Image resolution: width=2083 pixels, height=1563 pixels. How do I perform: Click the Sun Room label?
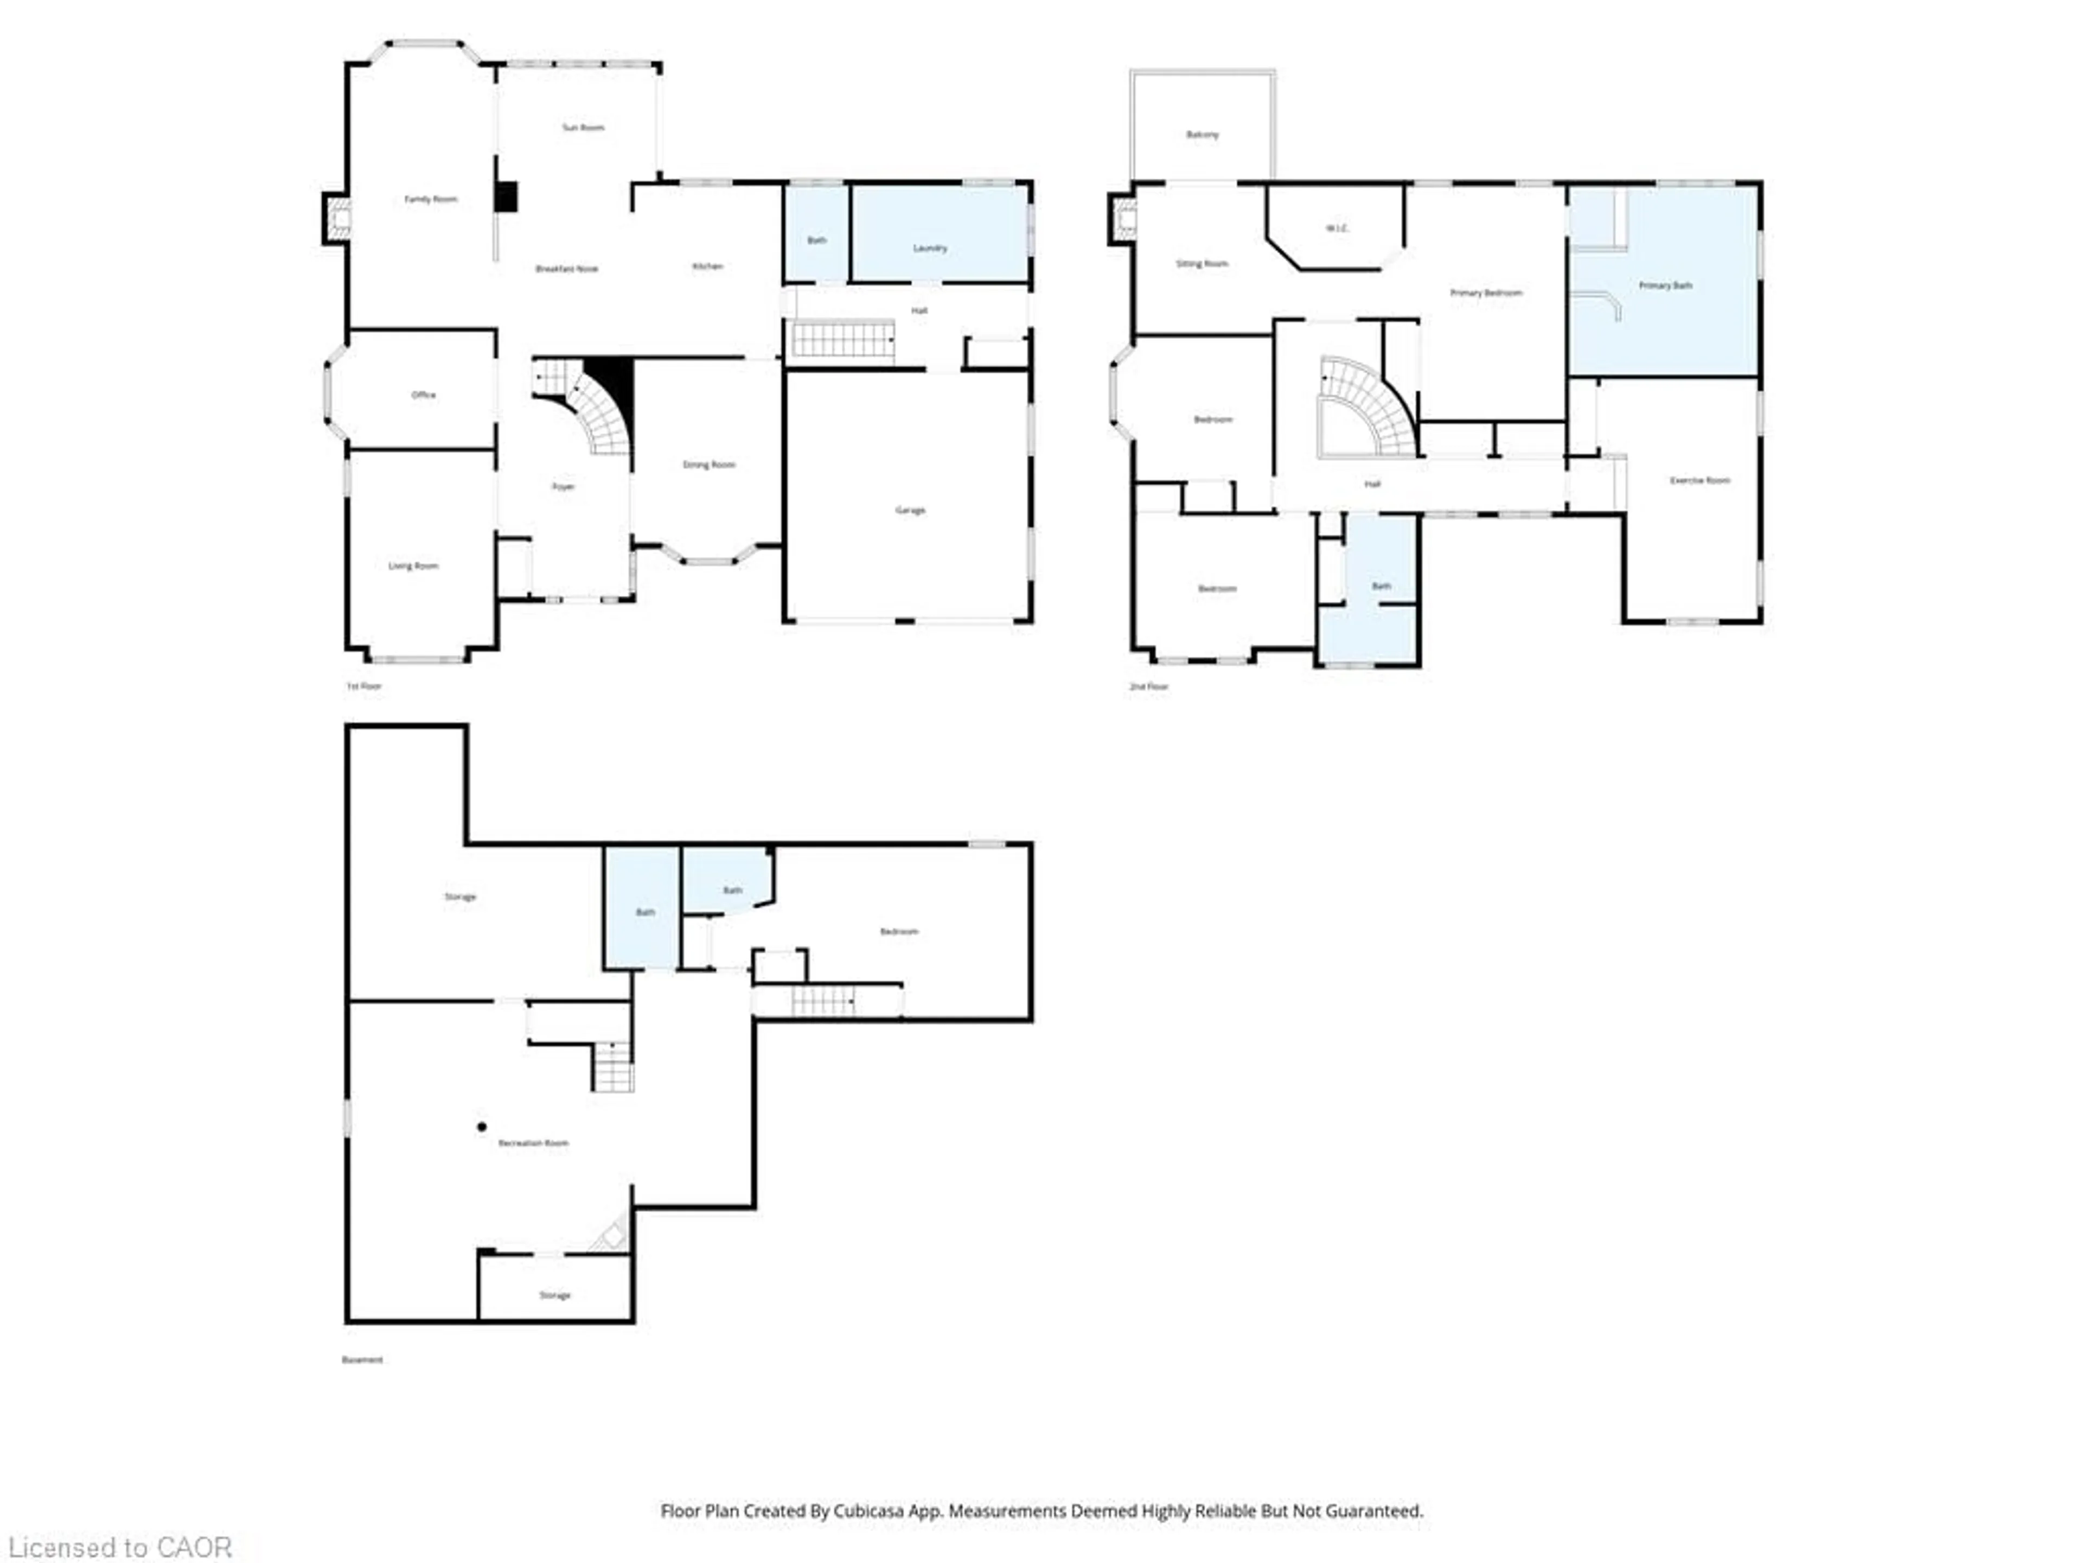[583, 127]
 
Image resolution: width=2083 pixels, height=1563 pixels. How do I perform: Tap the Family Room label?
[430, 199]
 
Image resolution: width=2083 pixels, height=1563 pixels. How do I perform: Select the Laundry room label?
[929, 248]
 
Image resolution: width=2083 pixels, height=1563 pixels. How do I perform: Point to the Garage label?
[910, 510]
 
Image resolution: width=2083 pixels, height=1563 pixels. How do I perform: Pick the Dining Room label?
[708, 465]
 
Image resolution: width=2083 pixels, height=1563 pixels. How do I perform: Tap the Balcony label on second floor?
[1202, 135]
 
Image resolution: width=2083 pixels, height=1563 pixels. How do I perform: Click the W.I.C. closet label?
[1336, 228]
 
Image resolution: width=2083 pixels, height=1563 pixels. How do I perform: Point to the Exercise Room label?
[1699, 480]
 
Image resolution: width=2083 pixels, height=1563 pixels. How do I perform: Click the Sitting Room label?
[1202, 264]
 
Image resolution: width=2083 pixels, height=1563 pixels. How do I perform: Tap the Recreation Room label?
[533, 1143]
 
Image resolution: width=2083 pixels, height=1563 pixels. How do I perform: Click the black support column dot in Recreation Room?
[481, 1127]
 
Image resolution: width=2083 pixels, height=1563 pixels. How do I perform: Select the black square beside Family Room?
[507, 197]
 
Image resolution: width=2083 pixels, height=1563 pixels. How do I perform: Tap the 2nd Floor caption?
[1148, 687]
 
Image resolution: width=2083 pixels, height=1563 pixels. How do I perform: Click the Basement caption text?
[362, 1359]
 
